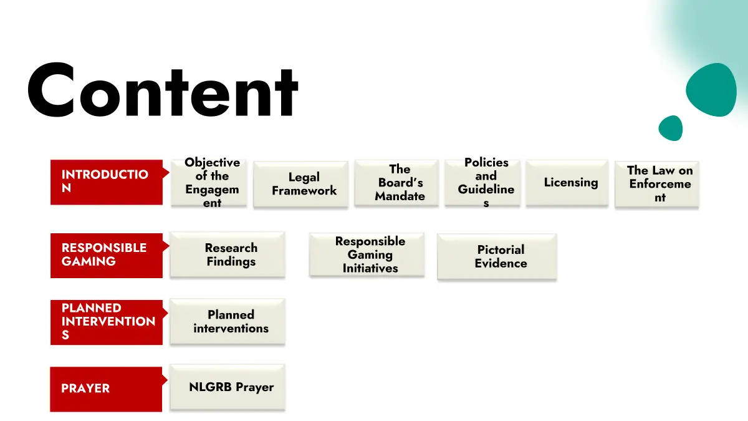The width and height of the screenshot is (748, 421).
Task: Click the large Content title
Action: click(163, 92)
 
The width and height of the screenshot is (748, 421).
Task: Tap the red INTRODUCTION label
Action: click(106, 181)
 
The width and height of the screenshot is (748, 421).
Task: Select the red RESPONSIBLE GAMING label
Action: click(106, 254)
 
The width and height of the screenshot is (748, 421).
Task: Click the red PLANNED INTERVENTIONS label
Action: click(106, 322)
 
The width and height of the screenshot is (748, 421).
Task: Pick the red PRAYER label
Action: click(106, 389)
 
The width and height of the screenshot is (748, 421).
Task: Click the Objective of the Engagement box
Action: click(209, 183)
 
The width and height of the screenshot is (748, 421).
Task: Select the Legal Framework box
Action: click(300, 184)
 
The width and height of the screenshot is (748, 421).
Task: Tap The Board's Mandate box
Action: click(396, 182)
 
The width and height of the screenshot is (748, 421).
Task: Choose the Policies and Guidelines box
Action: click(482, 183)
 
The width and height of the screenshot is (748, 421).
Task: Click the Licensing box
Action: click(567, 182)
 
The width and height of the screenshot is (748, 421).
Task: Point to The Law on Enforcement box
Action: click(656, 183)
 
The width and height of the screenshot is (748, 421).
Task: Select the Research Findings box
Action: click(228, 254)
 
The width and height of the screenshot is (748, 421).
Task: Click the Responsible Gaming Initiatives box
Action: click(367, 254)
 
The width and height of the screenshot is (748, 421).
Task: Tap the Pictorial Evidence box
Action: click(497, 256)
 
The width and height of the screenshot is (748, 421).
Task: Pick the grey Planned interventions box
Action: click(228, 321)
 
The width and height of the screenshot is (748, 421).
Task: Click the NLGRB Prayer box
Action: click(228, 387)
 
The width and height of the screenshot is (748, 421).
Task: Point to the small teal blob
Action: click(671, 128)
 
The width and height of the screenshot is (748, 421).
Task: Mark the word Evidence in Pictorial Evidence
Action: click(501, 263)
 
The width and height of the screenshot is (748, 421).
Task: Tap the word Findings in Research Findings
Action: click(231, 261)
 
